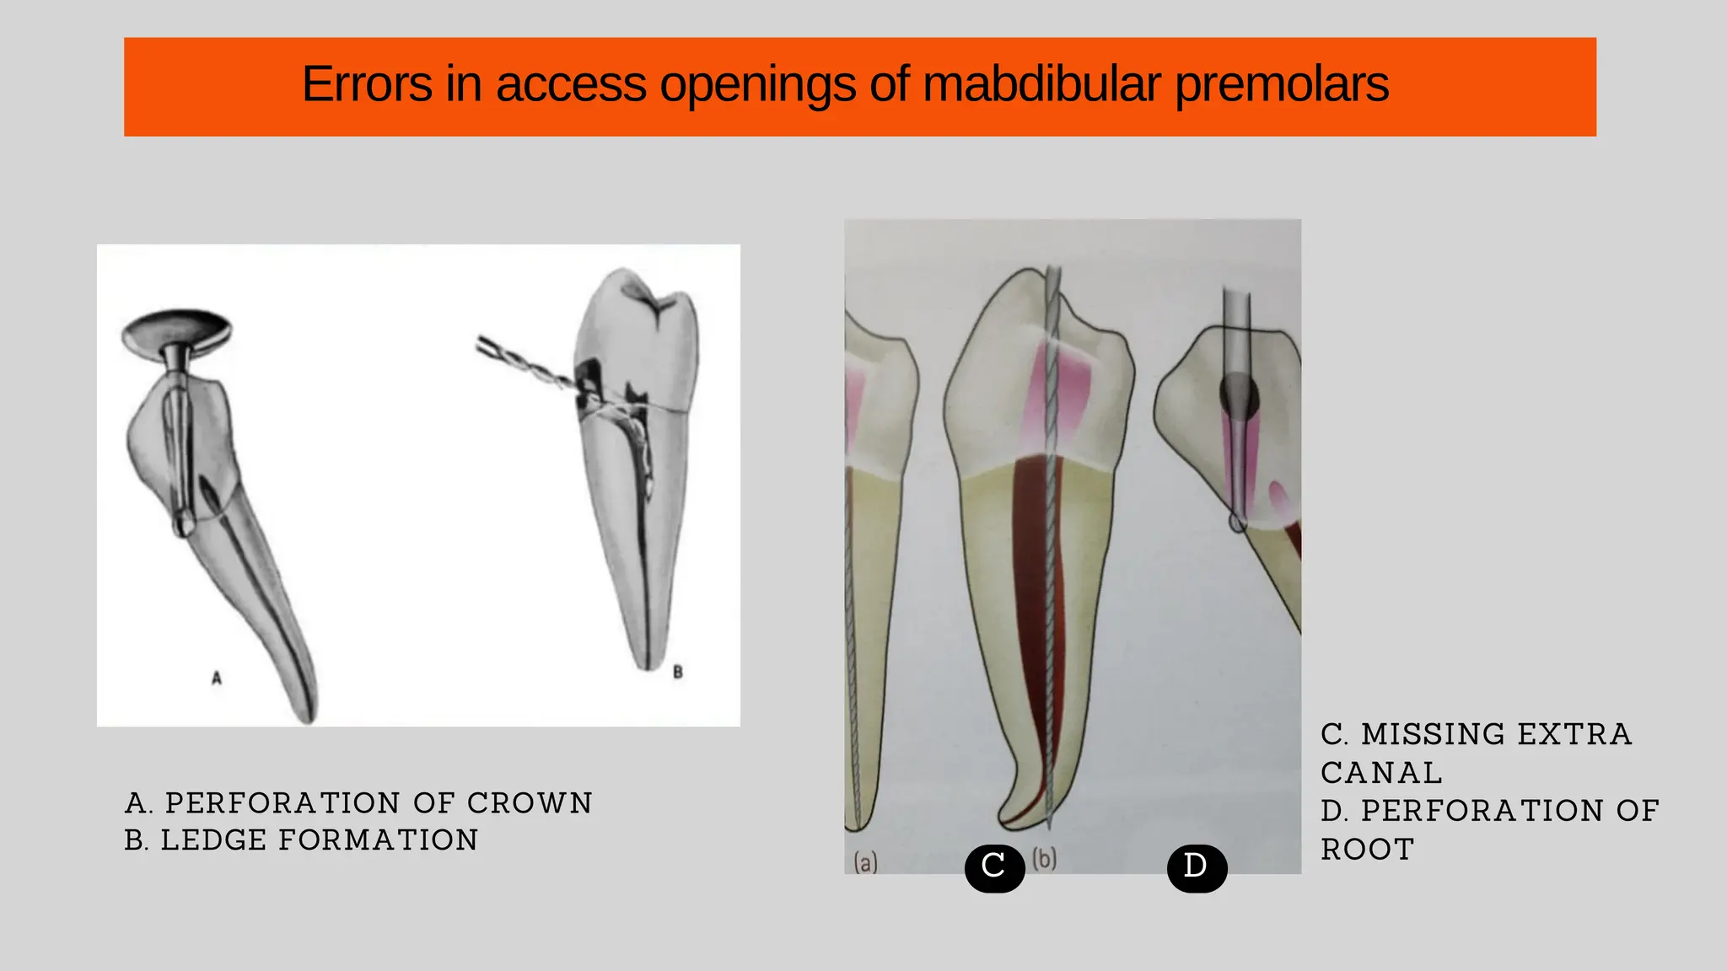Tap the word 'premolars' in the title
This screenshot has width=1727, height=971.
[1282, 84]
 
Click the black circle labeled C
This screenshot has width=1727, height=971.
[994, 867]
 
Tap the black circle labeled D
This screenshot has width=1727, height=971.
[1197, 867]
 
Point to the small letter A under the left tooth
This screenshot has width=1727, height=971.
[217, 678]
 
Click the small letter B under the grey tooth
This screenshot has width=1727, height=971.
[677, 672]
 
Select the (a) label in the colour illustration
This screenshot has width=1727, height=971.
[865, 862]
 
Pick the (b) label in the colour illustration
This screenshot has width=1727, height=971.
[1045, 859]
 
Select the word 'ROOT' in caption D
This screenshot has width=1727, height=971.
[1367, 850]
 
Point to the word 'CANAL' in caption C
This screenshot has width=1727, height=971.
[1381, 773]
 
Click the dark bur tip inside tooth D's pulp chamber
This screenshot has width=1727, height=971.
[1239, 394]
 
